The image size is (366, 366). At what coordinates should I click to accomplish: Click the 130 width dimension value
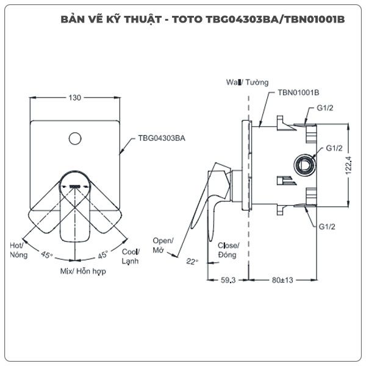point(74,98)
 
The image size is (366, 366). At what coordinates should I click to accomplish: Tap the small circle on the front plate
point(75,138)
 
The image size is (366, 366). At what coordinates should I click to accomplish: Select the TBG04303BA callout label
point(162,138)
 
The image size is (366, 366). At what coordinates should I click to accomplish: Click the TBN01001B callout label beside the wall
point(298,93)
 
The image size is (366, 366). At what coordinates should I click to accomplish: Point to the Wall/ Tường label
point(247,82)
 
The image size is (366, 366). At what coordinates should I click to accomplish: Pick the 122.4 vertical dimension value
point(348,165)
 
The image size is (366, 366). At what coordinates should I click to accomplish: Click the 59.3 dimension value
point(228,280)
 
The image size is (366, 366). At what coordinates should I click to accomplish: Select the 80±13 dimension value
point(282,280)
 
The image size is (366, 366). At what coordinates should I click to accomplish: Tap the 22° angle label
point(192,262)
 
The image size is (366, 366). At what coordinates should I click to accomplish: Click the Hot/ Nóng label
point(19,250)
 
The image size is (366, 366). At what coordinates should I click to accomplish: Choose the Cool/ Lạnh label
point(131,256)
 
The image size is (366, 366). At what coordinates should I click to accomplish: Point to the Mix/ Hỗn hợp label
point(83,271)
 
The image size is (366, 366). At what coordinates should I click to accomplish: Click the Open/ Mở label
point(163,245)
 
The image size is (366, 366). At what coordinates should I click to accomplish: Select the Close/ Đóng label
point(228,250)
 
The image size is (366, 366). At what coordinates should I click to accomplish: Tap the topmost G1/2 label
point(325,108)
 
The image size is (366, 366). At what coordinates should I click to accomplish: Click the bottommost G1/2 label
point(327,227)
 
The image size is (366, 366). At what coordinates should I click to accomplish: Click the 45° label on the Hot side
point(47,254)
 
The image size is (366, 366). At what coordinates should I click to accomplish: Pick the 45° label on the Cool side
point(103,254)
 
